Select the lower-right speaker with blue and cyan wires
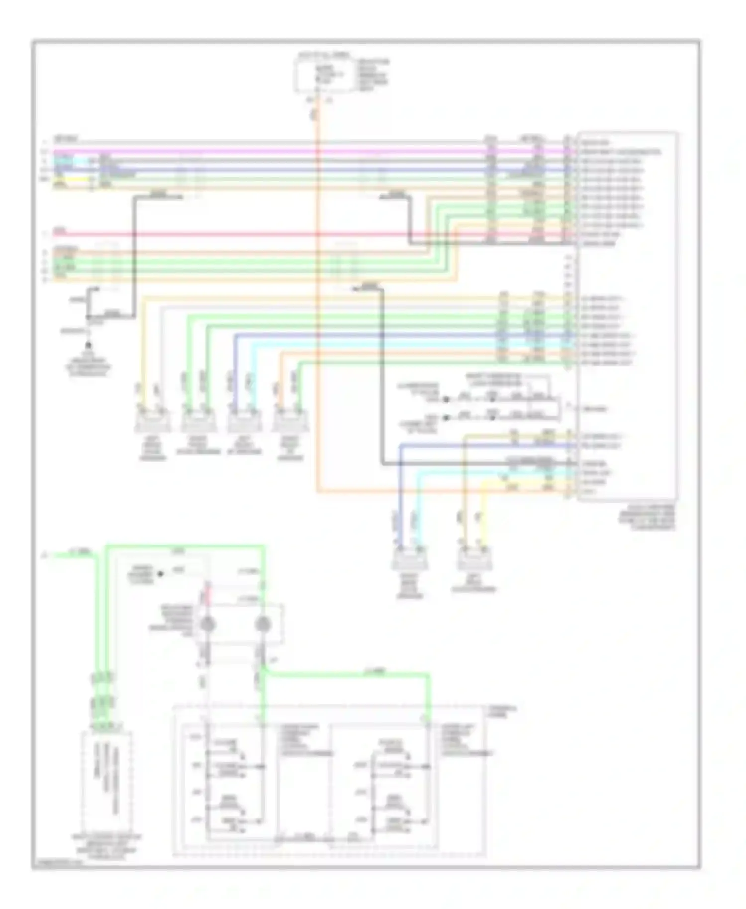point(409,560)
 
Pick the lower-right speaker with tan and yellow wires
point(474,560)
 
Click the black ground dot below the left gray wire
point(89,345)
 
